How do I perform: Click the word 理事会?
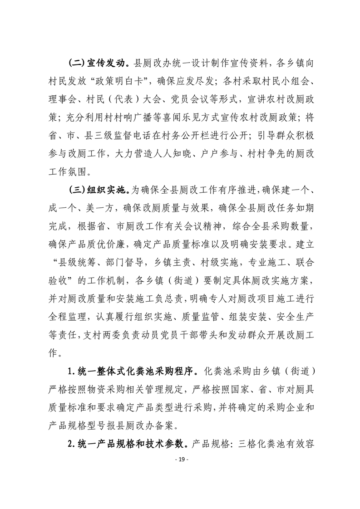coord(62,99)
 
